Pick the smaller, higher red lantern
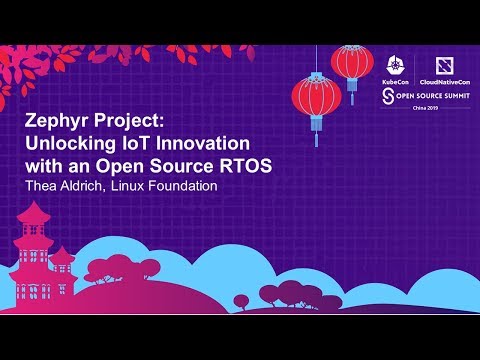point(352,63)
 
